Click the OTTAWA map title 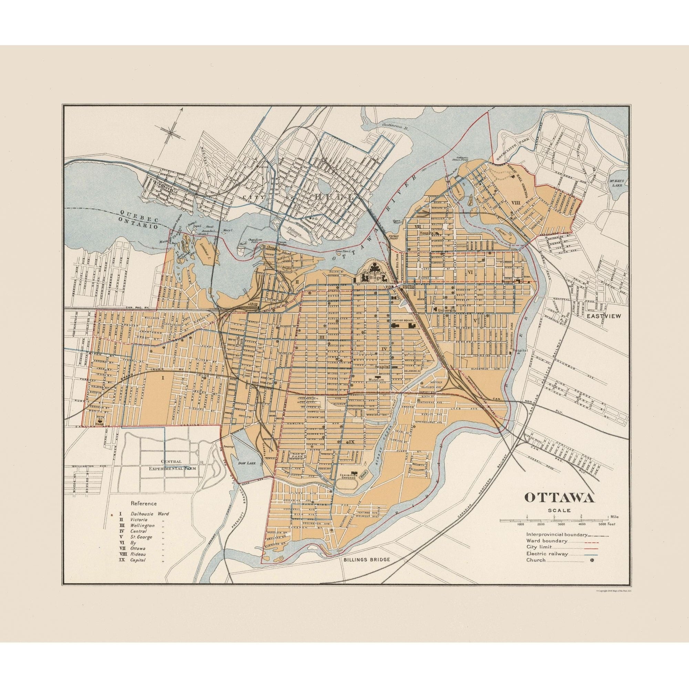559,497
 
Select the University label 445,310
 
